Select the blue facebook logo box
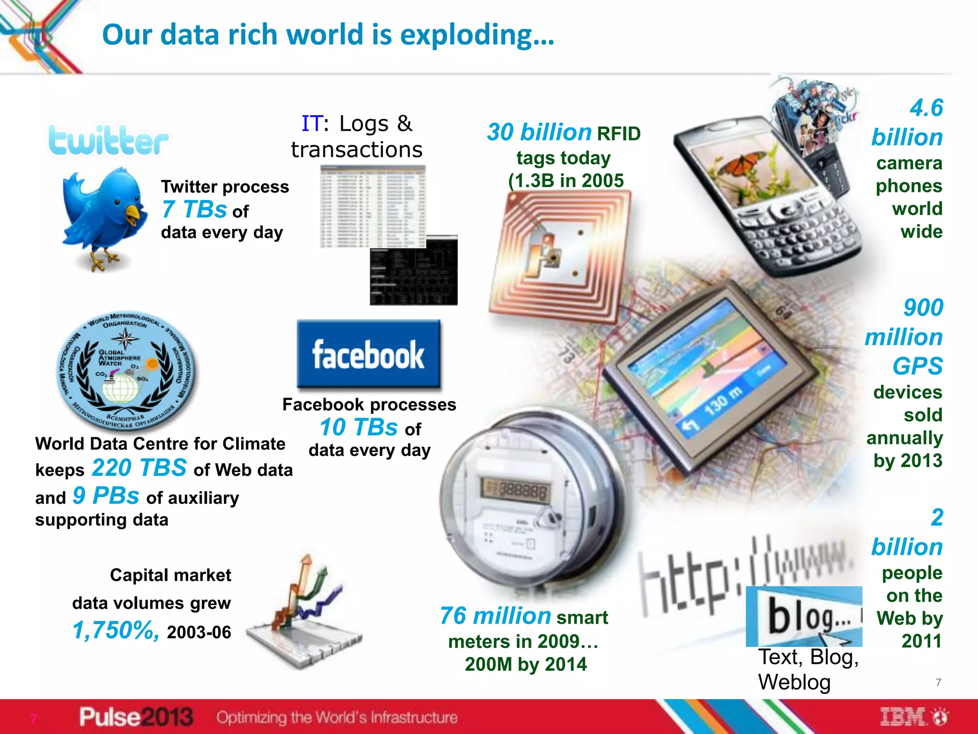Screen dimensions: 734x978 [368, 354]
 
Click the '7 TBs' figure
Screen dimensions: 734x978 [194, 209]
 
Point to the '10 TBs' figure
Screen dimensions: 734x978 [358, 427]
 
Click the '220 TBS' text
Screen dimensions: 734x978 [139, 468]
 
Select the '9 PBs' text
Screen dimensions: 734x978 [106, 496]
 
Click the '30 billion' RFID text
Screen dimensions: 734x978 [539, 132]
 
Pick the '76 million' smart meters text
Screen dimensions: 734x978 [495, 616]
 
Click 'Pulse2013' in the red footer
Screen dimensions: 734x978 [136, 717]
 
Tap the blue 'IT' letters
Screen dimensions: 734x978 [311, 124]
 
